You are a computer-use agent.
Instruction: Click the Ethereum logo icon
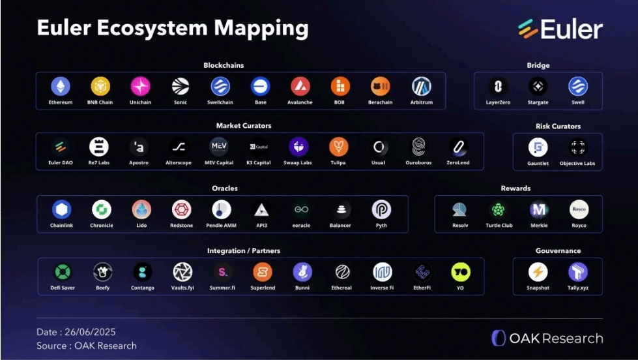pyautogui.click(x=61, y=86)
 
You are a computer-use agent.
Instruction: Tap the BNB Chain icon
pyautogui.click(x=100, y=86)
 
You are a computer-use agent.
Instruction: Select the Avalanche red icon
pyautogui.click(x=300, y=86)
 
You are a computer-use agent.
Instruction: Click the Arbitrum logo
pyautogui.click(x=422, y=86)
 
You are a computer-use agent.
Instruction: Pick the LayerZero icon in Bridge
pyautogui.click(x=498, y=86)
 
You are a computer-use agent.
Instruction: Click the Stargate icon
pyautogui.click(x=538, y=86)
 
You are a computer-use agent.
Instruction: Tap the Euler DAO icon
pyautogui.click(x=61, y=147)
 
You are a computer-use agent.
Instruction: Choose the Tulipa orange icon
pyautogui.click(x=338, y=147)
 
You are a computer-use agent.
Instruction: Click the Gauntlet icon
pyautogui.click(x=538, y=147)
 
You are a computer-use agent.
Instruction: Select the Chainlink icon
pyautogui.click(x=62, y=209)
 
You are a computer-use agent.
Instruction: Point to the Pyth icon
pyautogui.click(x=381, y=209)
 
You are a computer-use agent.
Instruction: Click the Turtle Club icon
pyautogui.click(x=499, y=209)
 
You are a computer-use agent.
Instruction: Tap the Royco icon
pyautogui.click(x=579, y=209)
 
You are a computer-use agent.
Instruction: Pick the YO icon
pyautogui.click(x=461, y=272)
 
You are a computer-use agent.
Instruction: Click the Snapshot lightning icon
pyautogui.click(x=538, y=272)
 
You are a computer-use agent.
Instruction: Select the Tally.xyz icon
pyautogui.click(x=578, y=272)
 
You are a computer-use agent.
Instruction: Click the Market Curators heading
pyautogui.click(x=244, y=125)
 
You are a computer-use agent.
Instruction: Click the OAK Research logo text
pyautogui.click(x=547, y=338)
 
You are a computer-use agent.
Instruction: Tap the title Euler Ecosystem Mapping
pyautogui.click(x=172, y=29)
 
